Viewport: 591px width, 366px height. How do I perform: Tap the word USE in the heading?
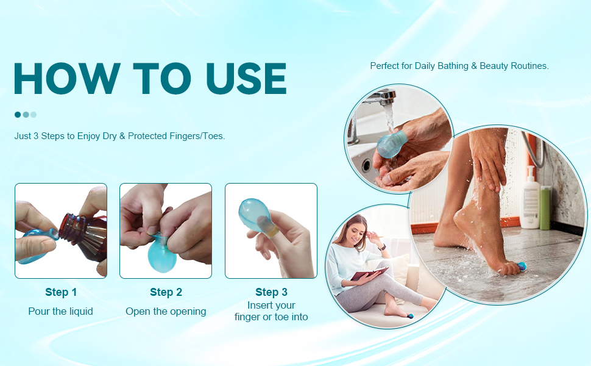[246, 79]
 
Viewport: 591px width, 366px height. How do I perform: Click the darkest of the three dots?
[18, 115]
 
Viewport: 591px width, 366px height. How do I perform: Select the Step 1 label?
[61, 292]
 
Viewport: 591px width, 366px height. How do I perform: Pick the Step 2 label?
[166, 292]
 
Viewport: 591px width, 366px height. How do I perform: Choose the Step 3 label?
[271, 292]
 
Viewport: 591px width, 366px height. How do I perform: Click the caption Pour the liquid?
[61, 311]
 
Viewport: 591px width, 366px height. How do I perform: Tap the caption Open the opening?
[166, 312]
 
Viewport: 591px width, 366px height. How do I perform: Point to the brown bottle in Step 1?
[83, 236]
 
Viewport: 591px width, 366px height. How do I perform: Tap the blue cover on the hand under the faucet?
[391, 144]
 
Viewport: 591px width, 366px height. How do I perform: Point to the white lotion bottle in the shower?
[530, 198]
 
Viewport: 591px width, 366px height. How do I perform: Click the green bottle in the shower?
[545, 207]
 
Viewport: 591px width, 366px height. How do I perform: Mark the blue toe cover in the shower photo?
[522, 267]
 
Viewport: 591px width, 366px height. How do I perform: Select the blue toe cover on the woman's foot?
[410, 316]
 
